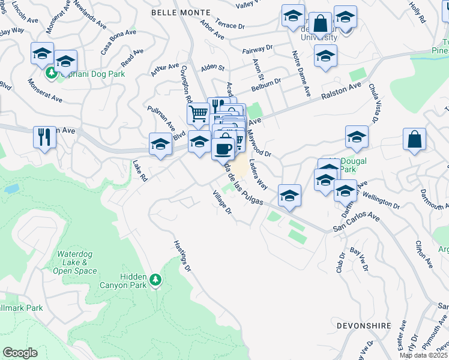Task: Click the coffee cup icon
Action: click(223, 148)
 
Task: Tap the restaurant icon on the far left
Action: click(45, 136)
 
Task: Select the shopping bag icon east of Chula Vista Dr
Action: click(414, 140)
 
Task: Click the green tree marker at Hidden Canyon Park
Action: click(155, 280)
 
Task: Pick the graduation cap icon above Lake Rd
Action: click(160, 145)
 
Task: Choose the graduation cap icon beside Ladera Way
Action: click(289, 196)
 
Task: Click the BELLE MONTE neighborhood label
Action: click(181, 13)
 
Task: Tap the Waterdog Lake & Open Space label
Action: click(77, 262)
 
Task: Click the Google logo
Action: click(20, 352)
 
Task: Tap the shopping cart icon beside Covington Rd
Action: click(199, 112)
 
